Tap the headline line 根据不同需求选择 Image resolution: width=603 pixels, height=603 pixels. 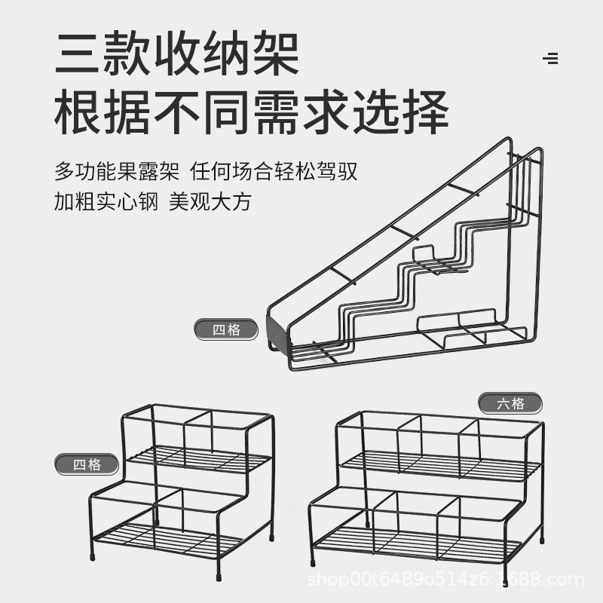click(252, 113)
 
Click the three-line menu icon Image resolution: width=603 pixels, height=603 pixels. click(550, 59)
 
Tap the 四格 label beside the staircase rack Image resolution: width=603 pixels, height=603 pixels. click(226, 329)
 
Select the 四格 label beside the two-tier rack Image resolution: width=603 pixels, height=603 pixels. click(87, 464)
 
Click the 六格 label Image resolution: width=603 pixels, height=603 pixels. click(510, 403)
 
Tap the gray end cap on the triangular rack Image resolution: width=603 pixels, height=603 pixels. click(277, 331)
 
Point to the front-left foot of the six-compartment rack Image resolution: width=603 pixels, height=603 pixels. click(312, 561)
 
